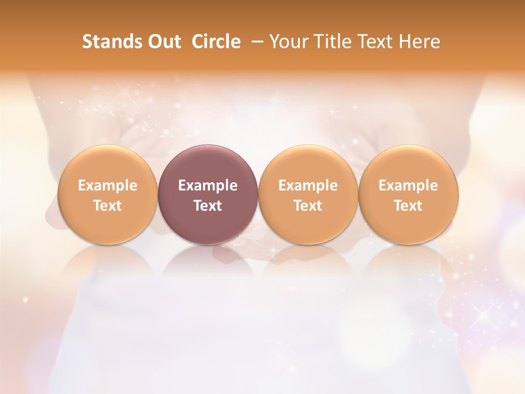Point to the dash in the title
255,42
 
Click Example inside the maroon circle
208,186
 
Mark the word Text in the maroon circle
208,206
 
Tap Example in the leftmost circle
108,186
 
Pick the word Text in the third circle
308,206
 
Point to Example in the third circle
308,186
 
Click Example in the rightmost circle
409,186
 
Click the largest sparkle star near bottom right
484,316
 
